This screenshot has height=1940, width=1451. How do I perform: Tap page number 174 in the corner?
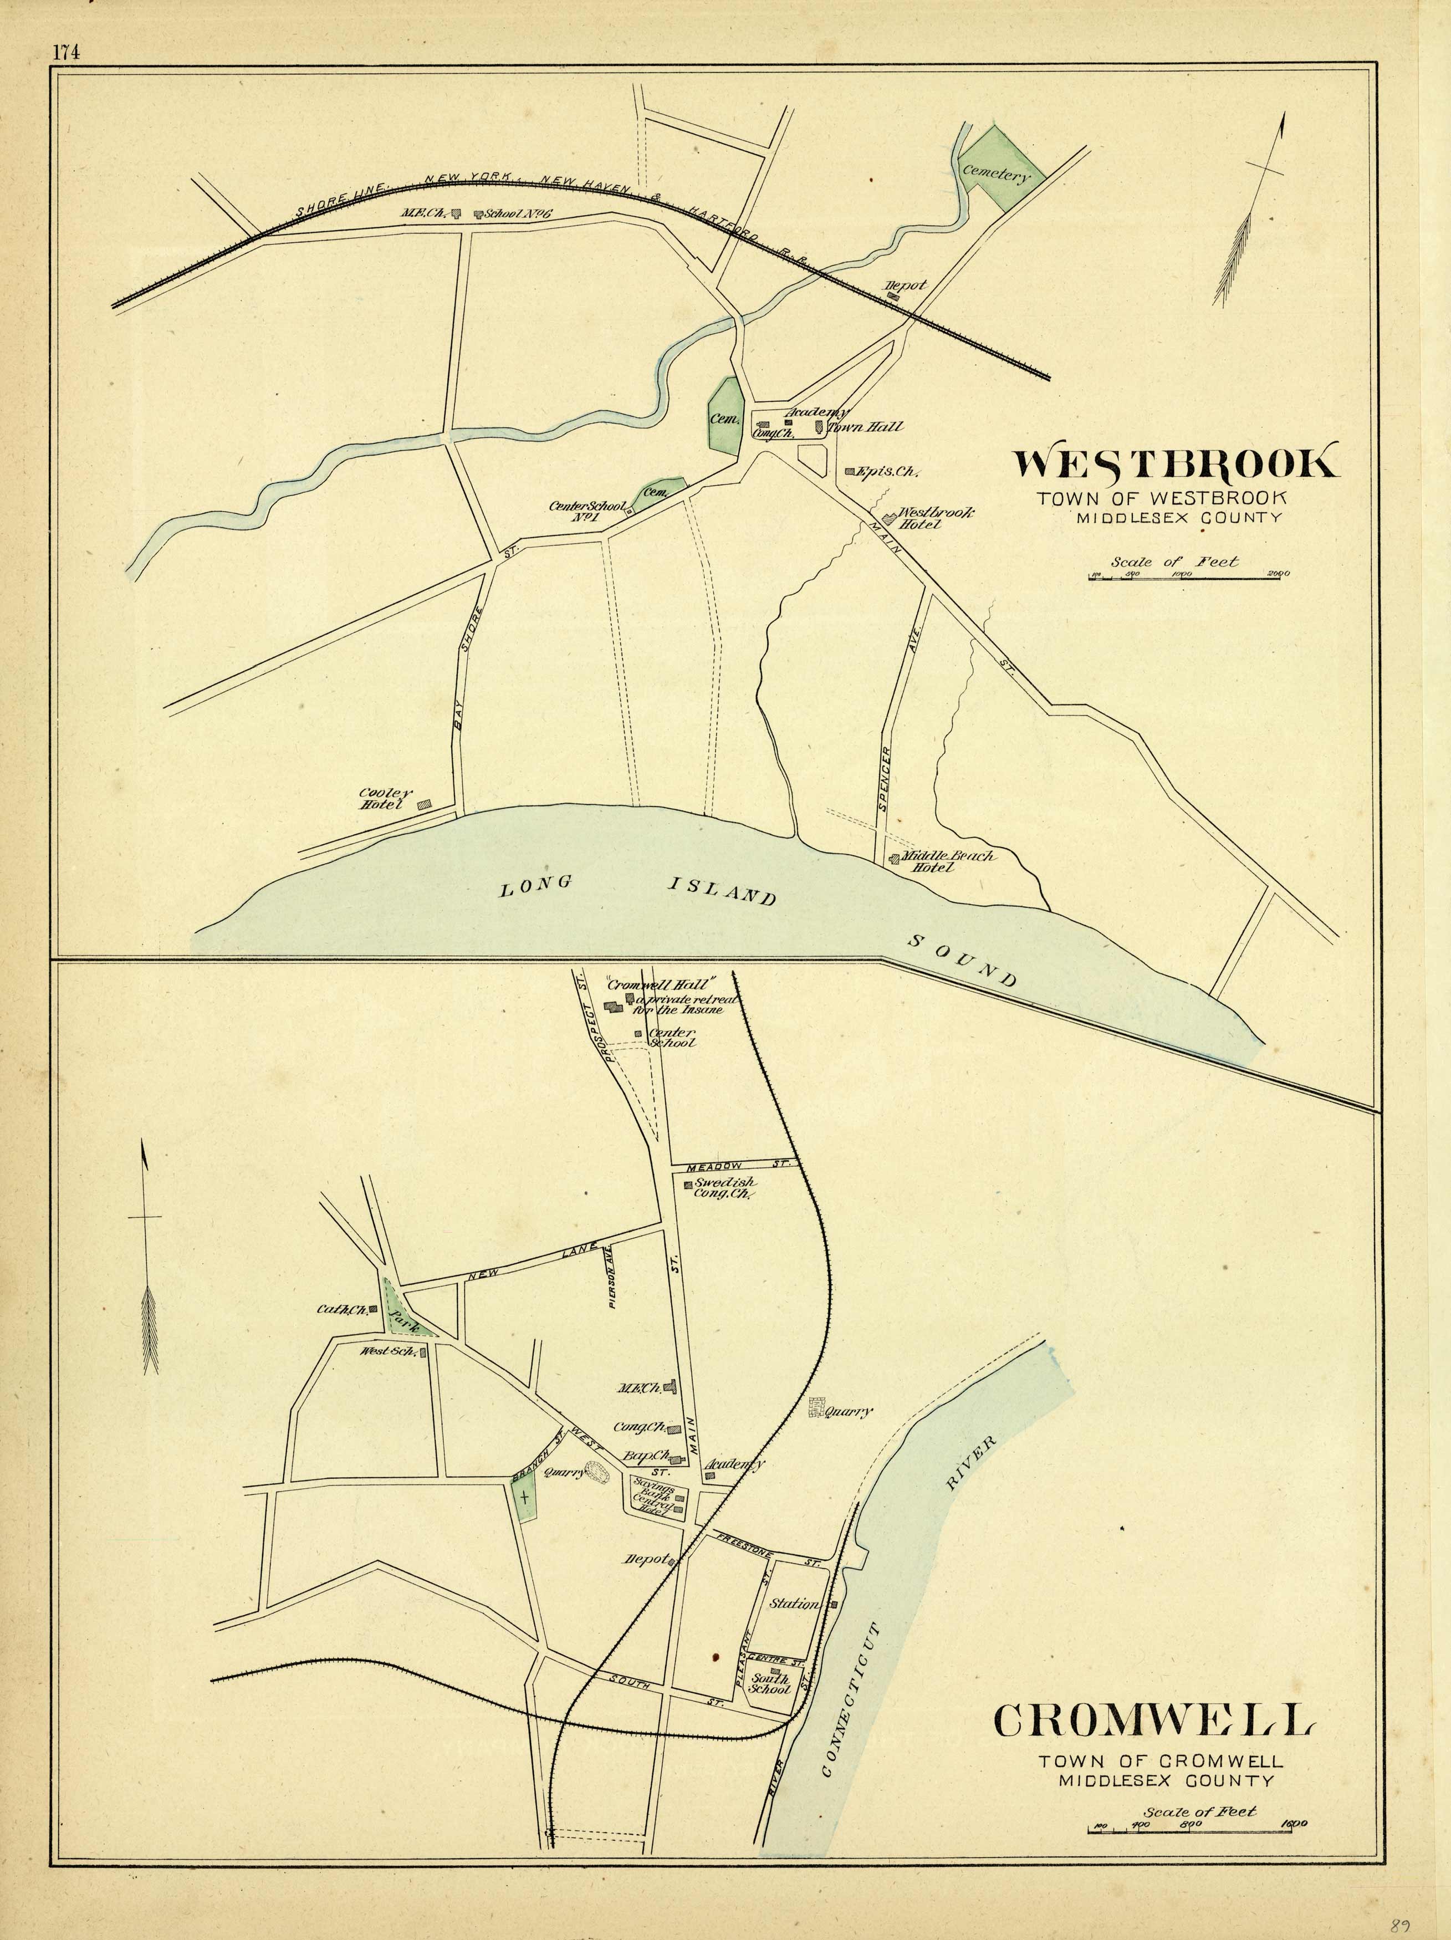[x=66, y=52]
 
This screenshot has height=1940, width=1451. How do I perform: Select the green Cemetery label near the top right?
[x=994, y=175]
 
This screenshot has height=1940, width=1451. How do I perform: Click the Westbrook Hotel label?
[x=936, y=518]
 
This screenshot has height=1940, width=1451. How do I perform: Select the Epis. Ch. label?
[x=887, y=471]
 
